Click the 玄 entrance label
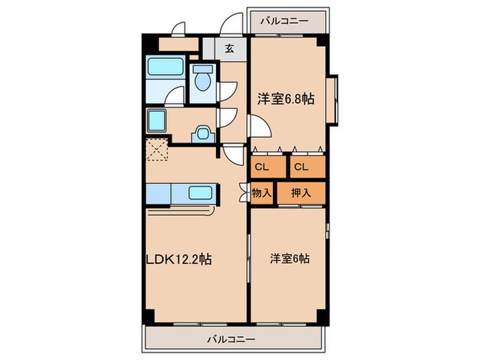click(228, 49)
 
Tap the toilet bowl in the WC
click(202, 81)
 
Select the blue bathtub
click(165, 69)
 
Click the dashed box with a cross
click(158, 150)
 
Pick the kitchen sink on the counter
click(200, 193)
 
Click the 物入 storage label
click(262, 193)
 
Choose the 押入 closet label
click(300, 193)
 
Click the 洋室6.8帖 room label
click(286, 99)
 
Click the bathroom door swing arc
click(176, 96)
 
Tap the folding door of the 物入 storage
click(244, 193)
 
